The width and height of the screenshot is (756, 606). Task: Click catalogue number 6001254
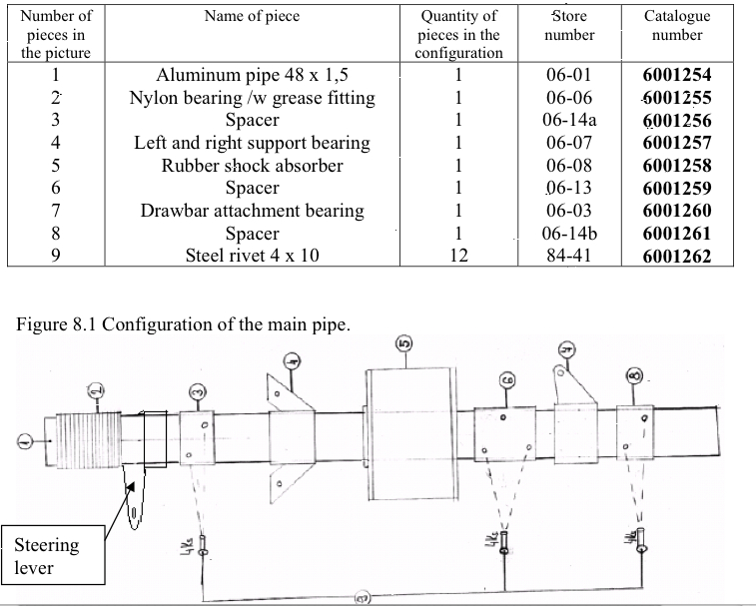(677, 75)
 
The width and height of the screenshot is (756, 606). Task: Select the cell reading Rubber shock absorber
(252, 166)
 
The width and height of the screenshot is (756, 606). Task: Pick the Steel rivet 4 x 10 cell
(252, 257)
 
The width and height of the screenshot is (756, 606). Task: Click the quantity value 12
(458, 257)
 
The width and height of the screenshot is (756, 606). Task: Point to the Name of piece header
(252, 16)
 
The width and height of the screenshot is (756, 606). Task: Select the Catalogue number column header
(677, 25)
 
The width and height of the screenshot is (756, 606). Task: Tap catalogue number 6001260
(677, 212)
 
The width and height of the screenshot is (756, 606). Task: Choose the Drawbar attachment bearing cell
(252, 212)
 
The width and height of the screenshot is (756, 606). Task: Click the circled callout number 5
(404, 345)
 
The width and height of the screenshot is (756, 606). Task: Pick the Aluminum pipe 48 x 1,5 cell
(252, 75)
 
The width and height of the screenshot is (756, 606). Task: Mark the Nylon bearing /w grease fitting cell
(252, 98)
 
